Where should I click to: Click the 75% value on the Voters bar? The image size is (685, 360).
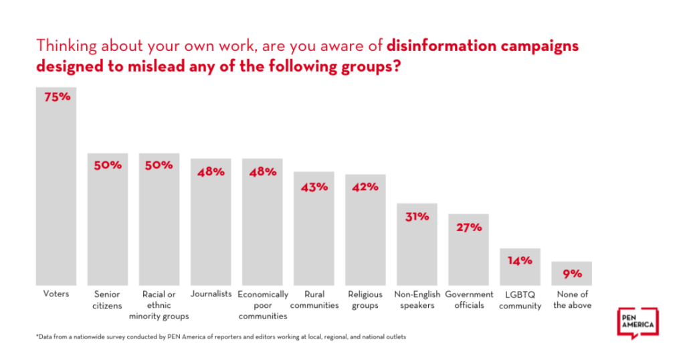click(x=56, y=97)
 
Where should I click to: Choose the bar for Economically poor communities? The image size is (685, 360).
click(x=262, y=228)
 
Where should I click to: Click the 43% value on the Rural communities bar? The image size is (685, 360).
click(x=314, y=187)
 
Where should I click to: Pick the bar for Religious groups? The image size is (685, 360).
click(x=365, y=234)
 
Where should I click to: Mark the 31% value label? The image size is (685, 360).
click(x=417, y=216)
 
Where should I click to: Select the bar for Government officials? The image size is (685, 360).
click(x=468, y=254)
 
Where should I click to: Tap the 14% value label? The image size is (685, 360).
click(x=520, y=260)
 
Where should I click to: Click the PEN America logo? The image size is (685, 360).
click(x=636, y=324)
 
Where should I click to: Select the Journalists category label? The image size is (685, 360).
click(x=211, y=294)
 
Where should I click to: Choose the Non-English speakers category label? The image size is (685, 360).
click(x=417, y=300)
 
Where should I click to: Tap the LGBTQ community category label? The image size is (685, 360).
click(x=520, y=300)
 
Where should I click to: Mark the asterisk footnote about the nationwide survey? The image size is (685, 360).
click(x=221, y=337)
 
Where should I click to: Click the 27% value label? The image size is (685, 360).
click(x=468, y=227)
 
